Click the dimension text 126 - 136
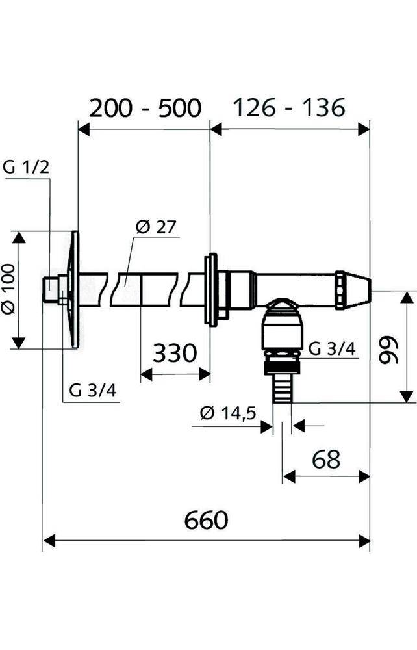click(289, 108)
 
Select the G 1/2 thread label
click(26, 167)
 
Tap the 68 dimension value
click(325, 460)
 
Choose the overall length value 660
click(206, 520)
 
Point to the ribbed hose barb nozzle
click(281, 388)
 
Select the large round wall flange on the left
click(73, 289)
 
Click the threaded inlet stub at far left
click(48, 289)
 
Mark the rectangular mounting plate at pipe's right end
click(210, 289)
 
